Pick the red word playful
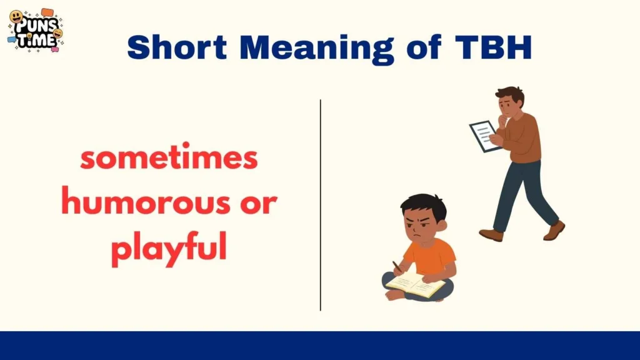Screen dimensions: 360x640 pos(168,249)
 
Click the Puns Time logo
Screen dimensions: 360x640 pos(36,29)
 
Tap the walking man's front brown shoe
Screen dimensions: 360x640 pos(491,235)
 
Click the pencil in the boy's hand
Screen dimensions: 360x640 pos(396,266)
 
